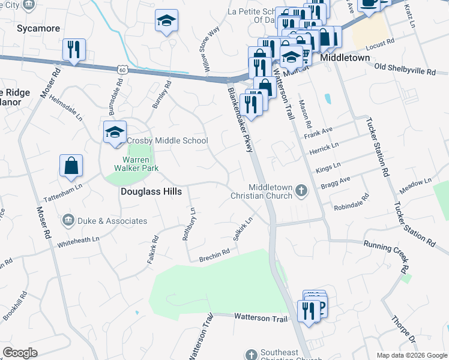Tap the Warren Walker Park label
140,164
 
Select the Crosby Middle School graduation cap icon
114,133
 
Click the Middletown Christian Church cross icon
301,191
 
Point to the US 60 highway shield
122,70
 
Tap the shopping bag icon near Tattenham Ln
71,166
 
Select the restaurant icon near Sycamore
74,50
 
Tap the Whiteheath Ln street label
78,242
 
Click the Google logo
20,352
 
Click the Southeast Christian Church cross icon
251,353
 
